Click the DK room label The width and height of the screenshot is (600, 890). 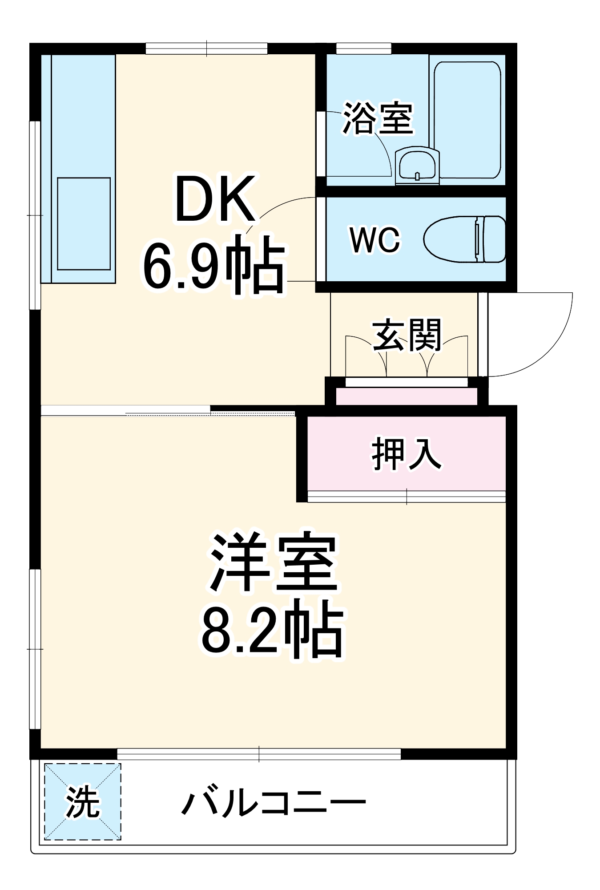(x=216, y=199)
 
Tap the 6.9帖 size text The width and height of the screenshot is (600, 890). (x=213, y=266)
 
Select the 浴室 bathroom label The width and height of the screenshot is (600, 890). (x=378, y=118)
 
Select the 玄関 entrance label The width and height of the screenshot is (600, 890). (x=407, y=335)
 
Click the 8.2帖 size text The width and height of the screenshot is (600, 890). (x=272, y=630)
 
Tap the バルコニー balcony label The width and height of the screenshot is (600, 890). (x=273, y=803)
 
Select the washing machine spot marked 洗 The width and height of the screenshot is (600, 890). (x=83, y=801)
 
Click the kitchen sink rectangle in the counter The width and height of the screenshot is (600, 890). (x=84, y=223)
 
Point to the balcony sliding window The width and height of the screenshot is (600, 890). (x=259, y=754)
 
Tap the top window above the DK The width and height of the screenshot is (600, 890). (x=206, y=49)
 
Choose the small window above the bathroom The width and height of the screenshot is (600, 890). (x=363, y=48)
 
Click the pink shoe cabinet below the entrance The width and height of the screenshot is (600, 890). (x=407, y=396)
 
